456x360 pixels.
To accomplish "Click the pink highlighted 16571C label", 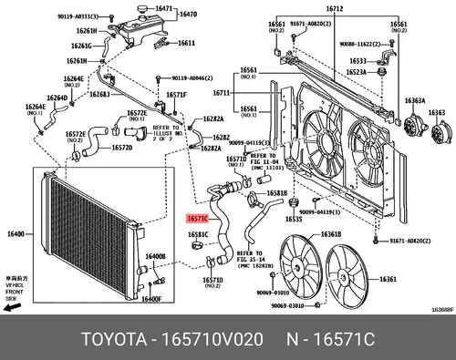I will (x=198, y=219).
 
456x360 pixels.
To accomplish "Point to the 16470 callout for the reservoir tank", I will (x=187, y=15).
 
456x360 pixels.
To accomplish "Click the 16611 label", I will (x=186, y=43).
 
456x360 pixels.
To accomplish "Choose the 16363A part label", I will (x=414, y=101).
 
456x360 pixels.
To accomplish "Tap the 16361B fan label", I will (x=330, y=233).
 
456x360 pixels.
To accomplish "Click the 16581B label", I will (x=277, y=193).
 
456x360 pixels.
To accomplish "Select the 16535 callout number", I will (x=293, y=219).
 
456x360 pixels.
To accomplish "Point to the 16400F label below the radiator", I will (x=151, y=298).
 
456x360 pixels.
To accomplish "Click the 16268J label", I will (x=98, y=94).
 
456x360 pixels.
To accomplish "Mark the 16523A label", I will (x=357, y=71).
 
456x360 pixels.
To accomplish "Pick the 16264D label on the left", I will (x=57, y=98).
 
